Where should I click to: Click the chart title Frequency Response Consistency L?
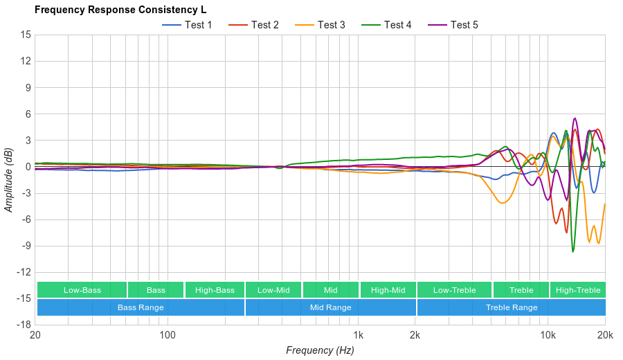coord(120,10)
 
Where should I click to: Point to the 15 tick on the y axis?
coord(26,35)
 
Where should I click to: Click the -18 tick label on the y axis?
coord(24,324)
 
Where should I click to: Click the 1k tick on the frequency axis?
coord(358,334)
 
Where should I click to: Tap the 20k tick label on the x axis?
coord(605,334)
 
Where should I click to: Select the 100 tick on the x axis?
coord(168,334)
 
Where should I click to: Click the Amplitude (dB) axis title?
coord(9,179)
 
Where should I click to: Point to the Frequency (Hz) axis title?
coord(320,350)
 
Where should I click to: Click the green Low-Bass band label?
coord(82,290)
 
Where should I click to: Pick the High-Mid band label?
coord(388,290)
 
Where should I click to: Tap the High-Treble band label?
coord(577,290)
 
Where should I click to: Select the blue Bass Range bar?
coord(141,307)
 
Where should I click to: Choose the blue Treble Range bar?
coord(511,307)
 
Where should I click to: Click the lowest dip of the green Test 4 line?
coord(572,251)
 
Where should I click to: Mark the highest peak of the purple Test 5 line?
coord(575,118)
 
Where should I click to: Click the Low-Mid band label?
coord(273,290)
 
